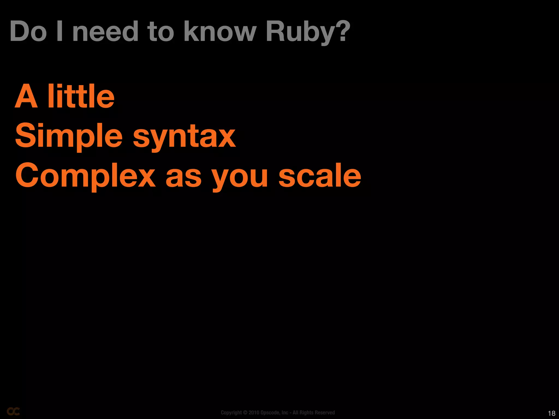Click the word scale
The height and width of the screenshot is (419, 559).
320,175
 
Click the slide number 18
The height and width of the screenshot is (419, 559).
552,413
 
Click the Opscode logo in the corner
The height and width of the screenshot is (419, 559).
13,411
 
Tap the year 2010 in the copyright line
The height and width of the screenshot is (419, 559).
254,412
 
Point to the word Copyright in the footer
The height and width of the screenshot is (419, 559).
231,412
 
